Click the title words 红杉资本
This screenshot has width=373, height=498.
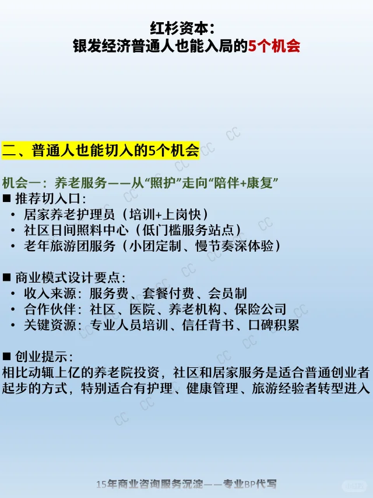pos(179,29)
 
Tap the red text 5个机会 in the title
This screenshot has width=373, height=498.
pos(274,46)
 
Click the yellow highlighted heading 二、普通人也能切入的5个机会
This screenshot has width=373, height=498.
pos(101,150)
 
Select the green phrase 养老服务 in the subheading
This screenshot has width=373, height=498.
pos(80,183)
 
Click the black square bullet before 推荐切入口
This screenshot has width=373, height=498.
pos(6,198)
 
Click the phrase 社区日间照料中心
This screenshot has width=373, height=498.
pos(76,230)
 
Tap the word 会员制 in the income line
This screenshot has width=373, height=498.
pos(227,294)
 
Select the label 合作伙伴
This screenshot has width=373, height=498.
pos(50,309)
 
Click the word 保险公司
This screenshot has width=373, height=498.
pos(261,309)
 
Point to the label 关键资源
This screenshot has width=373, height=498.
pos(50,325)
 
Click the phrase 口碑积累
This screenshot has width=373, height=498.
pos(273,325)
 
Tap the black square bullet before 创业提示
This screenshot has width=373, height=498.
pos(6,356)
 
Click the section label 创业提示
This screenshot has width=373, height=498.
pos(41,357)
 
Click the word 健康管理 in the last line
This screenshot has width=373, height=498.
pos(212,388)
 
